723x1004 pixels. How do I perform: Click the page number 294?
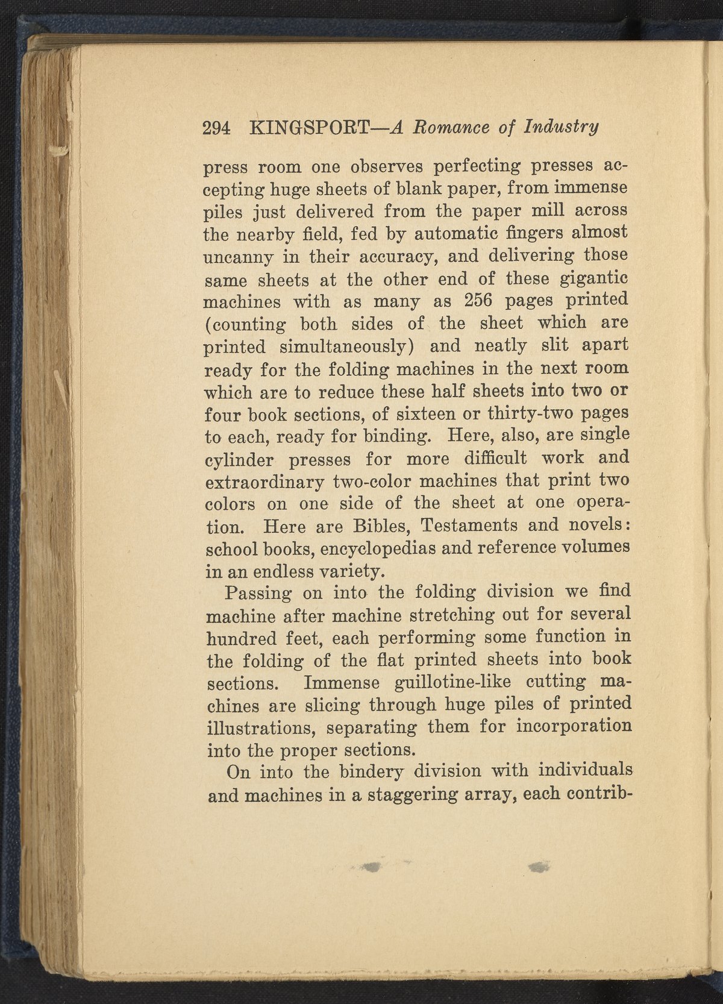click(x=218, y=129)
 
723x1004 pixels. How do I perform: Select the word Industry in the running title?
click(x=561, y=128)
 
